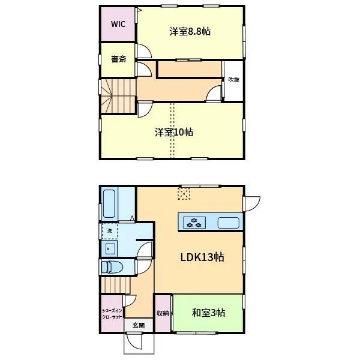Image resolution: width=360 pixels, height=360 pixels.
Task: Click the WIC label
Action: coord(118,24)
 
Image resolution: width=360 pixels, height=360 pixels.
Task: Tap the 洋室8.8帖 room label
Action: coord(190,31)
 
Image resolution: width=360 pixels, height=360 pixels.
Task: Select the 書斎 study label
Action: coord(118,59)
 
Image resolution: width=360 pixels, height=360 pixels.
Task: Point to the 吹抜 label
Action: coord(234,80)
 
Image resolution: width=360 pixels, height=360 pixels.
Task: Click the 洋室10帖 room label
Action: coord(174,132)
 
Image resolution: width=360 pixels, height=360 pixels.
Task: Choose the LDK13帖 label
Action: coord(202,257)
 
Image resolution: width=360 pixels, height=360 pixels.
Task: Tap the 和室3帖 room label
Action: coord(208,313)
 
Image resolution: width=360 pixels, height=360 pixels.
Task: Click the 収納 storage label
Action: coord(163,313)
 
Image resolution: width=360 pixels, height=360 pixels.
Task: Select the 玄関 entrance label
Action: coord(139,325)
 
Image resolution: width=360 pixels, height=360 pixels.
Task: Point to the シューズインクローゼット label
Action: coord(112,314)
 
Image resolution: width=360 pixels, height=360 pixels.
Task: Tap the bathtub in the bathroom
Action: coord(109,203)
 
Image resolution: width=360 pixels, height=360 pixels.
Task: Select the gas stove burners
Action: coord(194,223)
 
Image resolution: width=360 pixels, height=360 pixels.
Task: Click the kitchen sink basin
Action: coord(229,223)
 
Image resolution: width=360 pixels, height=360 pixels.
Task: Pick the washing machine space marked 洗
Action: coord(110,231)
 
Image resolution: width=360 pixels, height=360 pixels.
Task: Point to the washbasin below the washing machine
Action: coord(110,248)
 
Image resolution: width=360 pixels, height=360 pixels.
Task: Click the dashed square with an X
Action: coord(184,194)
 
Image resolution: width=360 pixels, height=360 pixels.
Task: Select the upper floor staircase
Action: coord(118,96)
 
